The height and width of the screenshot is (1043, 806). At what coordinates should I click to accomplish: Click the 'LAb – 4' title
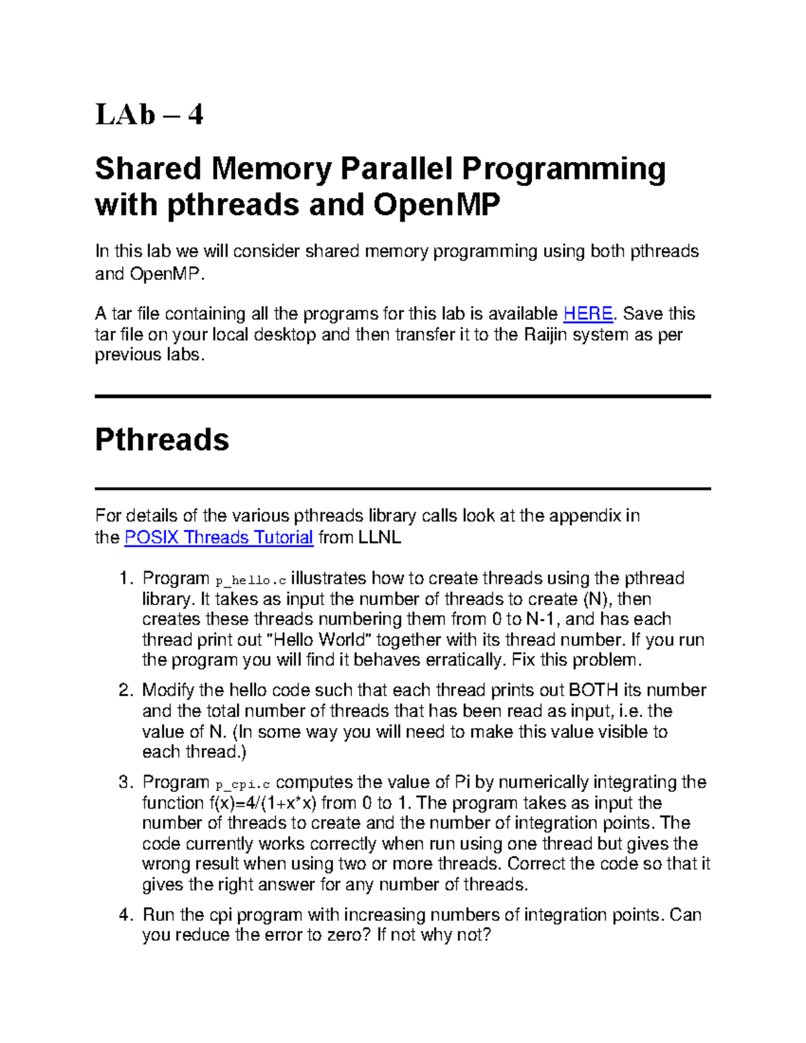point(149,115)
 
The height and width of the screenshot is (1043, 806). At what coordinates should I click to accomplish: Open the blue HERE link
point(588,314)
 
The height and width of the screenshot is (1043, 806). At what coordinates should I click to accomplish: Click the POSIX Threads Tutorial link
point(219,537)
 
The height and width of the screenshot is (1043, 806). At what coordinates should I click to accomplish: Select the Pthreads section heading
point(162,441)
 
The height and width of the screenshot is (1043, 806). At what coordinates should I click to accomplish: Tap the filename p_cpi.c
point(242,784)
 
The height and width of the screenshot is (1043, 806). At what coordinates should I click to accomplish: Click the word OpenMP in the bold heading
point(437,206)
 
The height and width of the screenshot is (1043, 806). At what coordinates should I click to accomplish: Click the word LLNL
point(379,537)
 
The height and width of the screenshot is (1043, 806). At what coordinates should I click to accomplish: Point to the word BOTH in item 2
point(593,690)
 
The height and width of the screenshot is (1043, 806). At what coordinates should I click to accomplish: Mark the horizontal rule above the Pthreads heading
point(402,397)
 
